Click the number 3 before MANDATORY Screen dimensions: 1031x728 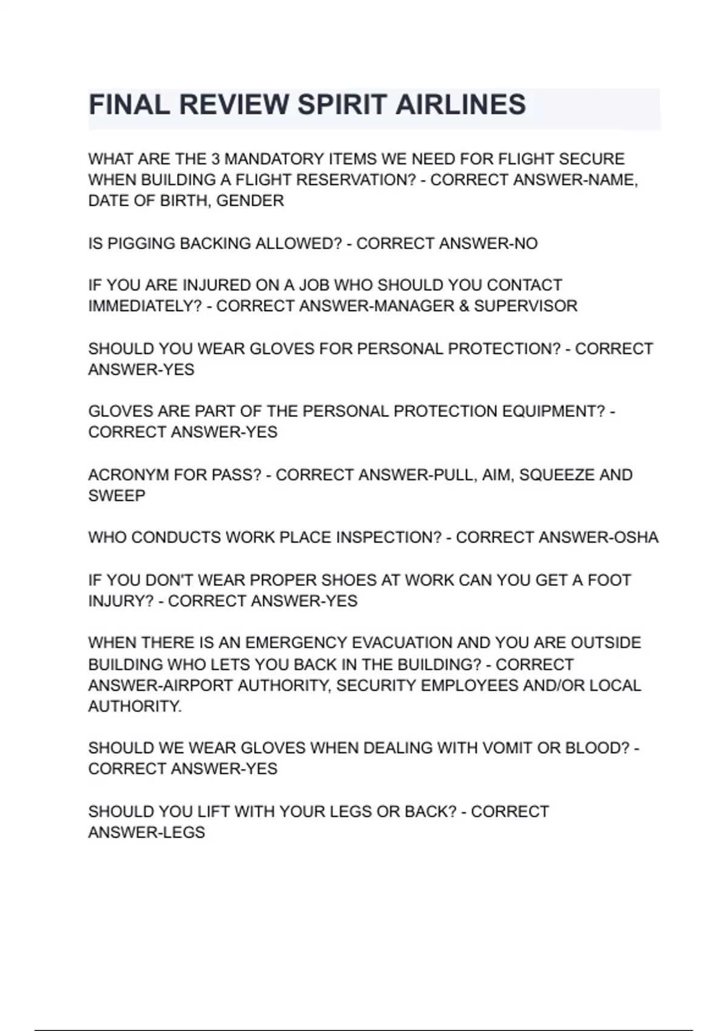click(x=215, y=159)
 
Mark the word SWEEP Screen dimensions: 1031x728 click(x=116, y=495)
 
